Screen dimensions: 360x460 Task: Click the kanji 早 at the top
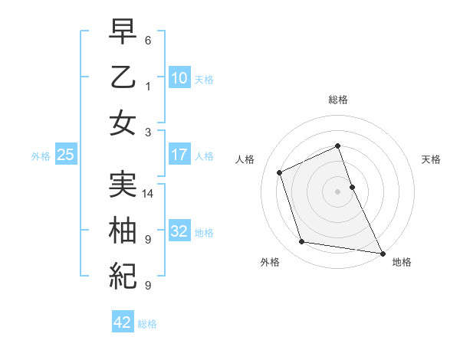point(123,33)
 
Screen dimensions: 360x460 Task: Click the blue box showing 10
point(179,77)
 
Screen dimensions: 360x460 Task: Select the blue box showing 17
point(179,155)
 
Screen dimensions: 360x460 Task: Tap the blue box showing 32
point(179,231)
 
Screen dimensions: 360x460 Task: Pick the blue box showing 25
point(66,155)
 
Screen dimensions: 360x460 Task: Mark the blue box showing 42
point(123,322)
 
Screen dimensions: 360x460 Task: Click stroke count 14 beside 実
point(149,194)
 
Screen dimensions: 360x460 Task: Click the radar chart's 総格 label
point(337,100)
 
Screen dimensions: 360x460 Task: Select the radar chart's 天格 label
point(431,159)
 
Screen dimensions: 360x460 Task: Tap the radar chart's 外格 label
point(270,262)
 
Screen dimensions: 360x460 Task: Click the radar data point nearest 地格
point(382,252)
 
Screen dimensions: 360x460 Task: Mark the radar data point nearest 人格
point(280,172)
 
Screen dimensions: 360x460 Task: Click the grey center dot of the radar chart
point(337,191)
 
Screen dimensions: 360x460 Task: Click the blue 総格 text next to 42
point(147,324)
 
